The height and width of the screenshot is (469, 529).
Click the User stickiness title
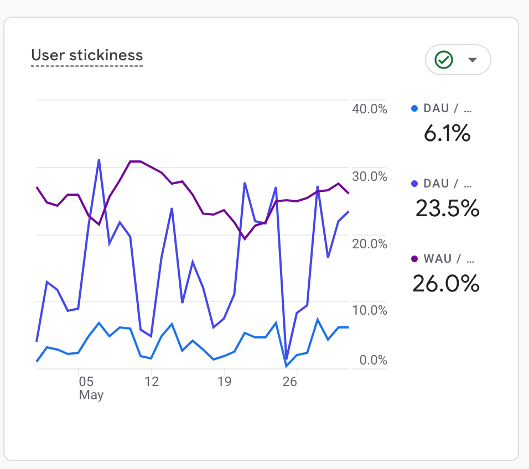(x=87, y=55)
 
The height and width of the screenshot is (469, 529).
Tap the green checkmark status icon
(x=444, y=60)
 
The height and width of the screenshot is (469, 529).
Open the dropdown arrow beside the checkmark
(x=473, y=60)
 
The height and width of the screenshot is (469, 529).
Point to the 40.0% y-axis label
(x=370, y=109)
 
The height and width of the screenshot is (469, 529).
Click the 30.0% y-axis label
(x=370, y=176)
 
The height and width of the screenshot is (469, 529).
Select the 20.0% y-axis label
(x=370, y=244)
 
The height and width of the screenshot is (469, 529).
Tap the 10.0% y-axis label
(x=370, y=311)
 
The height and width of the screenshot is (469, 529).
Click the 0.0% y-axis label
(x=374, y=361)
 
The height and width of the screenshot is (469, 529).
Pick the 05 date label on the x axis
(x=86, y=382)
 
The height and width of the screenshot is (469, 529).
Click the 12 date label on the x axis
(x=151, y=382)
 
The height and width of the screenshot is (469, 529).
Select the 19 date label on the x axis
(x=224, y=382)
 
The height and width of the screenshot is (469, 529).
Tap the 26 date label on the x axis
(x=290, y=382)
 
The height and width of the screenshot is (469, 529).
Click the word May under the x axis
(x=91, y=395)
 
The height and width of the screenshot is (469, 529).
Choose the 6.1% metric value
(x=447, y=133)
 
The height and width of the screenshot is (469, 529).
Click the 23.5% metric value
(x=447, y=208)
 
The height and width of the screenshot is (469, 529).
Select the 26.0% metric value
(x=446, y=283)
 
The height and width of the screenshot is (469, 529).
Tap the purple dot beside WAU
(x=414, y=259)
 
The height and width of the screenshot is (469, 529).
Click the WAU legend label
(x=438, y=259)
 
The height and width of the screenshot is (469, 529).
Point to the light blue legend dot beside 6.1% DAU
(x=414, y=109)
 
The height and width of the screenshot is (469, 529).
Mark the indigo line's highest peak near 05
(x=99, y=160)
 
